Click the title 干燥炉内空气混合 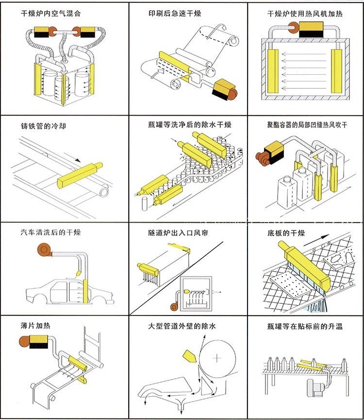pos(51,14)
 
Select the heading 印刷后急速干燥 pos(175,14)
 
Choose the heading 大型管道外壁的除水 pos(182,326)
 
